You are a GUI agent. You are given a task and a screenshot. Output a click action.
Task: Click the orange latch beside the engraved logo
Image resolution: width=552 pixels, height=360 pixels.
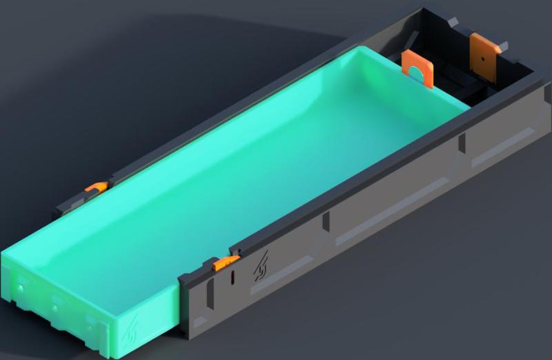[x=226, y=263]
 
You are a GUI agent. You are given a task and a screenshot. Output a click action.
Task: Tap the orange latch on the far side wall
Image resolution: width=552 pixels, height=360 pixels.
[x=96, y=187]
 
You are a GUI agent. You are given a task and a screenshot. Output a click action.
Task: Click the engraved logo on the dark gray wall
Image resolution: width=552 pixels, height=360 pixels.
[x=261, y=266]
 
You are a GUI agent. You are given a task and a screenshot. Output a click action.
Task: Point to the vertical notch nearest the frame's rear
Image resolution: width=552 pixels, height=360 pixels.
[x=462, y=144]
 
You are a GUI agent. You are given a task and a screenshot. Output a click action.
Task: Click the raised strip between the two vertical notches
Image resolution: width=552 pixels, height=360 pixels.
[x=393, y=201]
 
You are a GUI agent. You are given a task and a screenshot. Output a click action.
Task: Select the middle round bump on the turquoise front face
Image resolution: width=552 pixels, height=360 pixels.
[x=55, y=303]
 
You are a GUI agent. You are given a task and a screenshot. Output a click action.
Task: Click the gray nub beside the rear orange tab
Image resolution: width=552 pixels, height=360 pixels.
[x=503, y=46]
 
